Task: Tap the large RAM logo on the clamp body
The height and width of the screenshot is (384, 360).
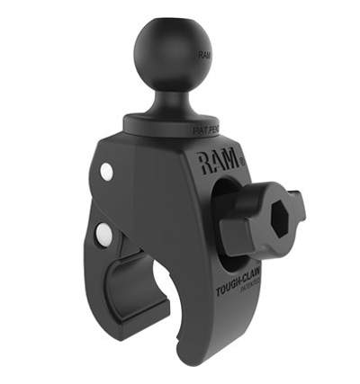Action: pos(219,163)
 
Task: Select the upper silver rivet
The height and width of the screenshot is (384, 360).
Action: pos(106,170)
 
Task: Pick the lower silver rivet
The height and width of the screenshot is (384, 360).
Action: pos(105,236)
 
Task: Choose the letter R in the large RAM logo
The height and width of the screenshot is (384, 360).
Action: pos(206,162)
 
